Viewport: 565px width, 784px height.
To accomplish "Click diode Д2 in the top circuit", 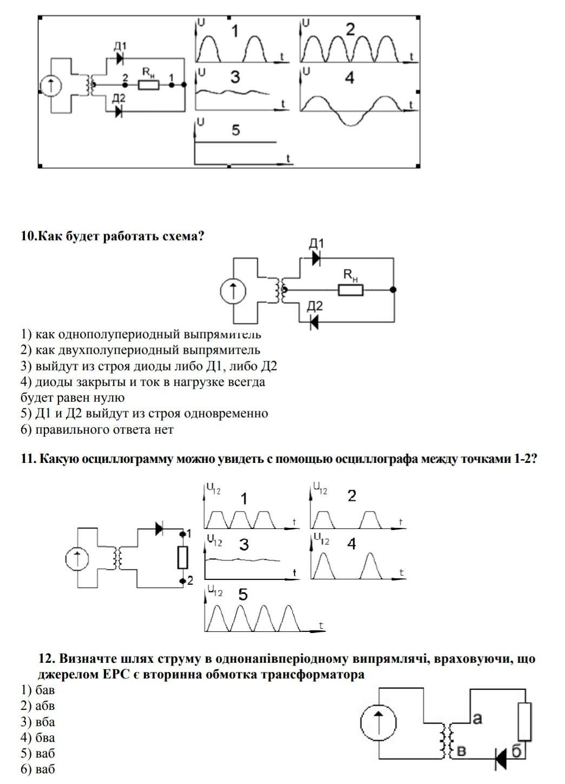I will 120,112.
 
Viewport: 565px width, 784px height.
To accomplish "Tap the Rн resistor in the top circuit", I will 148,84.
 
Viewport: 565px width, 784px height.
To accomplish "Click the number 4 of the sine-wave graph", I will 350,79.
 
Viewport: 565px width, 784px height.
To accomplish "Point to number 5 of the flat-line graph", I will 235,130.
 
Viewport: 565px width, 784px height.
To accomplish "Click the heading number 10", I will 27,236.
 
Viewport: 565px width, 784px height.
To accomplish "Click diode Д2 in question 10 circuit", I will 314,322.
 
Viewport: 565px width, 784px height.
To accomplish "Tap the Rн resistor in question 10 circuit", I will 351,290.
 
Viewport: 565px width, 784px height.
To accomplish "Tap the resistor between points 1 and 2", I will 183,557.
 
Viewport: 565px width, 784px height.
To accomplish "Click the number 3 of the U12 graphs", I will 244,545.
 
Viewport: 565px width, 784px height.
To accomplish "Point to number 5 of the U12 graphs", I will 243,594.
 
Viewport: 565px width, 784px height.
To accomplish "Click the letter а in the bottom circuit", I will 477,718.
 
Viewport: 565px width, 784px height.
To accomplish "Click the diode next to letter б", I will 501,757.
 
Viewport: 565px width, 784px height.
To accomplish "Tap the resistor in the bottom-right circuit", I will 524,722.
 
